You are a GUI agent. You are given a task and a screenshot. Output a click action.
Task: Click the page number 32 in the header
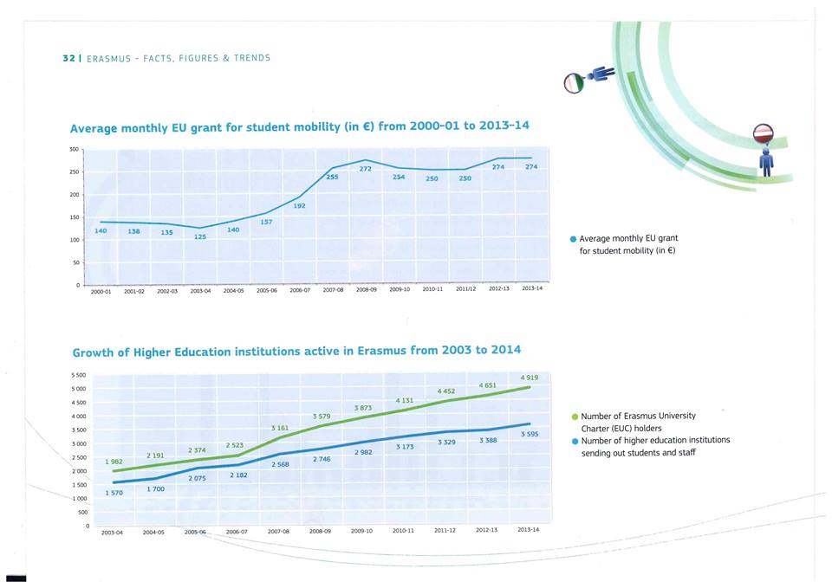[67, 58]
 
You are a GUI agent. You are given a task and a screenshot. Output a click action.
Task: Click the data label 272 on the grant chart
[366, 169]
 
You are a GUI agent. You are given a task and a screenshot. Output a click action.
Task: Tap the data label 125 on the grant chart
[200, 236]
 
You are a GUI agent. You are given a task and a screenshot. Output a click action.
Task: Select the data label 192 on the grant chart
[299, 206]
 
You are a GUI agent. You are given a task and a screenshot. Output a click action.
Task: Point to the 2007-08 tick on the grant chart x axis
[335, 290]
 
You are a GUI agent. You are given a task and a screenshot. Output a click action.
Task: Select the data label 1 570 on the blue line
[114, 492]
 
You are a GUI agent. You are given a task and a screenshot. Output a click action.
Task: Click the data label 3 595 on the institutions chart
[529, 434]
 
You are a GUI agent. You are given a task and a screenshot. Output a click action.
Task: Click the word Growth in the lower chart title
[94, 352]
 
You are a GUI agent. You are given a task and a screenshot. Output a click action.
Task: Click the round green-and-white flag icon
[572, 83]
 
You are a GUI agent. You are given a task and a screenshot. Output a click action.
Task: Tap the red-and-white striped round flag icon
[764, 133]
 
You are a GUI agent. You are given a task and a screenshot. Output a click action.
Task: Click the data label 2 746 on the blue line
[322, 458]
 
